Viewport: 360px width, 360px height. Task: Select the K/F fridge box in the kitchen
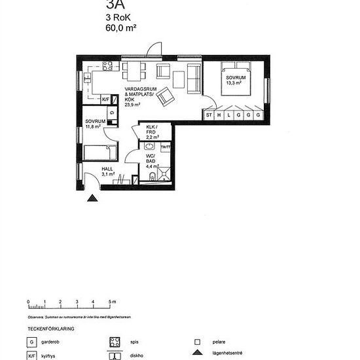click(x=106, y=99)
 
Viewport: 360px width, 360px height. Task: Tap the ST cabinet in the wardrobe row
click(x=209, y=115)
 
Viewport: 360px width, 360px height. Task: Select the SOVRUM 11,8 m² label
click(x=96, y=124)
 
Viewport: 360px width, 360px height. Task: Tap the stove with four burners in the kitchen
click(x=107, y=66)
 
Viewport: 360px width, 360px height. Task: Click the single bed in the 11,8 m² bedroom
click(x=100, y=153)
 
